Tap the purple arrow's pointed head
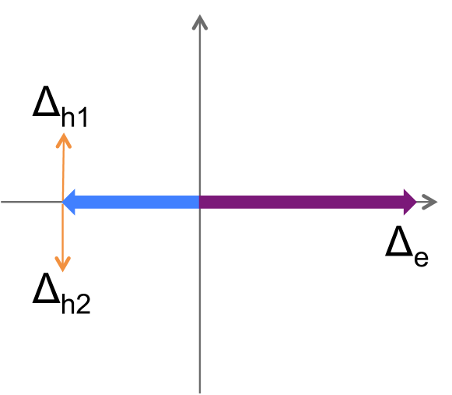pyautogui.click(x=410, y=202)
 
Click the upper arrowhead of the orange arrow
pyautogui.click(x=63, y=139)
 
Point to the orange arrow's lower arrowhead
pyautogui.click(x=63, y=265)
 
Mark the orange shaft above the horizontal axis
pyautogui.click(x=63, y=168)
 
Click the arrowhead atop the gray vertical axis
pyautogui.click(x=200, y=21)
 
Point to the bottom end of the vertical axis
pyautogui.click(x=200, y=390)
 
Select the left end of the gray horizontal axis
pyautogui.click(x=3, y=202)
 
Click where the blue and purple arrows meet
pyautogui.click(x=200, y=202)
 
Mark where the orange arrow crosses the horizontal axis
pyautogui.click(x=63, y=202)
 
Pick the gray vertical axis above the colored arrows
pyautogui.click(x=200, y=109)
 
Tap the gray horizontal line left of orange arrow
pyautogui.click(x=31, y=202)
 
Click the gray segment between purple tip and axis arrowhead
pyautogui.click(x=422, y=202)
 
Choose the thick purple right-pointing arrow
pyautogui.click(x=311, y=202)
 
